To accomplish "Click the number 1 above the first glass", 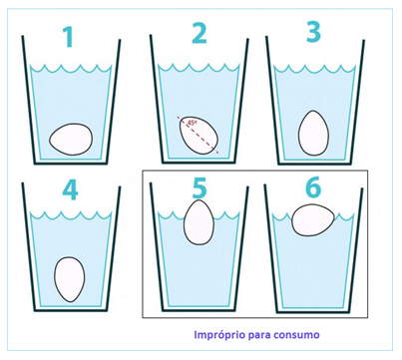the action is coord(69,37).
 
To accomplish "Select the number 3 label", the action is coord(313,32).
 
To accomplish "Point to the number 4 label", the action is coord(70,190).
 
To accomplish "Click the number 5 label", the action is coord(200,187).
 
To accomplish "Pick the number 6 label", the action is coord(313,186).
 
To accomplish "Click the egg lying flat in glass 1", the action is coord(71,139).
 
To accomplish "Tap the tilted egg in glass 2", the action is coord(200,136).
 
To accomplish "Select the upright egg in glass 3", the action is coord(313,133).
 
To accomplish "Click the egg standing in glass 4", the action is coord(70,279).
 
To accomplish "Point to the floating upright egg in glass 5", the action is coord(200,222).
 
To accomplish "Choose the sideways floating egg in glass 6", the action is coord(313,220).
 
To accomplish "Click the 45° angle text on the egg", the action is coord(193,123).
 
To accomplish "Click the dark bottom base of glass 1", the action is coord(71,163).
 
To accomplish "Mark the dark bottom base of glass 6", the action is coord(313,311).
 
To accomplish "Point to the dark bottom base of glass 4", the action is coord(71,310).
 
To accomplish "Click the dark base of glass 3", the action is coord(314,163).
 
